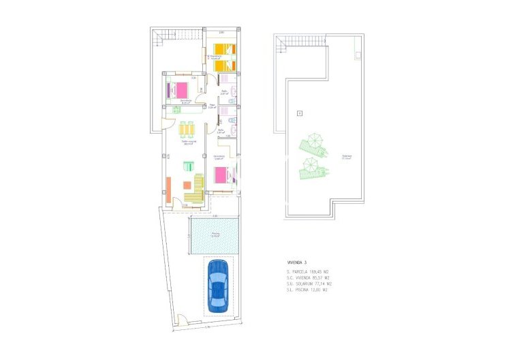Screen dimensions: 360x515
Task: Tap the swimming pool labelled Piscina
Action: tap(215, 235)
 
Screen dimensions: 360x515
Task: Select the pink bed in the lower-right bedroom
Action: tap(223, 175)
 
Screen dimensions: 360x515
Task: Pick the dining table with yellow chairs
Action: tap(187, 130)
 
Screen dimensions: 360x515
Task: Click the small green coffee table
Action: tap(189, 165)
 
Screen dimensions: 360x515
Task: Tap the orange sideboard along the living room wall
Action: tap(168, 188)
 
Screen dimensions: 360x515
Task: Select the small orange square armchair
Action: tap(185, 185)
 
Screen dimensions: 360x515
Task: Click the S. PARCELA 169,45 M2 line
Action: tap(313, 272)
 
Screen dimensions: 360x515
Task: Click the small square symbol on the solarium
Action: tap(299, 112)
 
